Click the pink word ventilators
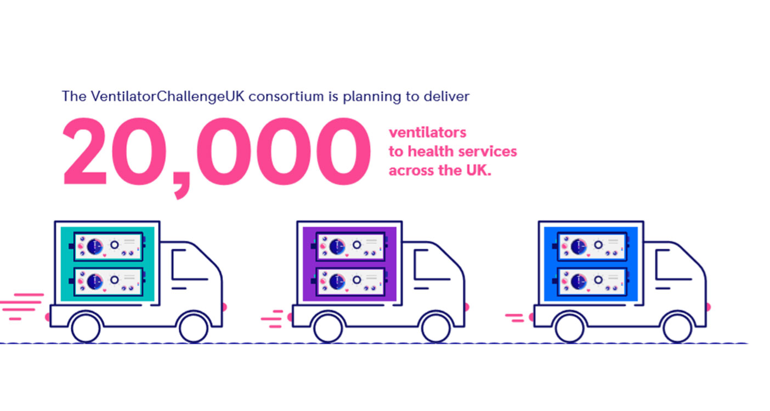(427, 133)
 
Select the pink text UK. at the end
(478, 170)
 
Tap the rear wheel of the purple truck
(327, 327)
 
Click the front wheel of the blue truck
(677, 327)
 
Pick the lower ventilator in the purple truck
(349, 280)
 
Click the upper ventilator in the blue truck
(591, 245)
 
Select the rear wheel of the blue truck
(569, 327)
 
